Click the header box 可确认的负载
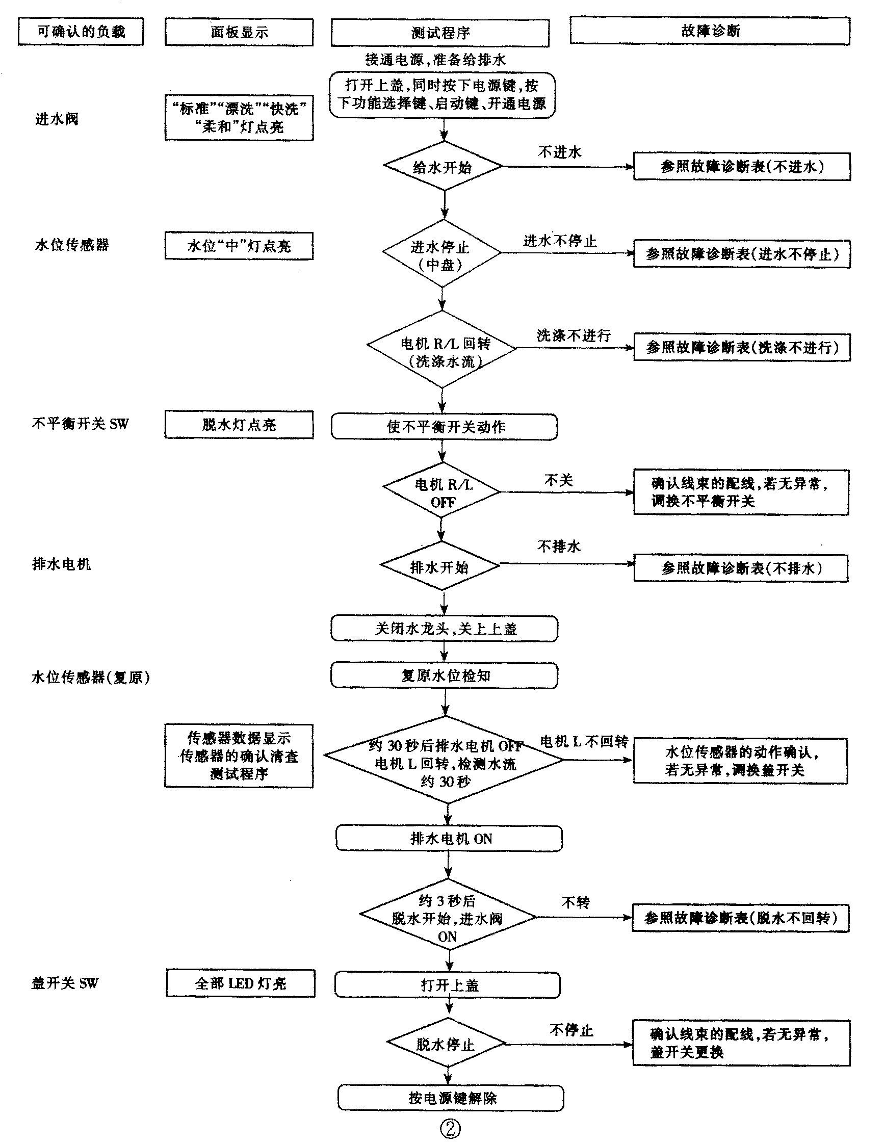coord(81,32)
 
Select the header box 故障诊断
coord(710,31)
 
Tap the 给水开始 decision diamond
coord(443,167)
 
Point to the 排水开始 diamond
coord(439,567)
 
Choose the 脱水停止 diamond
coord(446,1044)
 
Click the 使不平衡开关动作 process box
coord(444,427)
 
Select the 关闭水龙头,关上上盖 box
coord(444,629)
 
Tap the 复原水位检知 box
coord(444,675)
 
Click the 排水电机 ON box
coord(449,839)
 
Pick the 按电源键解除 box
coord(451,1098)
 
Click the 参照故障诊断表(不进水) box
coord(742,167)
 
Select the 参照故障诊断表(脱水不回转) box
coord(741,918)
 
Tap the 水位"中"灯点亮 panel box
coord(239,246)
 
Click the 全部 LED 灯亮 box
coord(241,983)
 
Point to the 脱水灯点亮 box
coord(239,425)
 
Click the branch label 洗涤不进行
coord(574,336)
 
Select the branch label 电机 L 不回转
coord(584,742)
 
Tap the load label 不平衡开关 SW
coord(80,423)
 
